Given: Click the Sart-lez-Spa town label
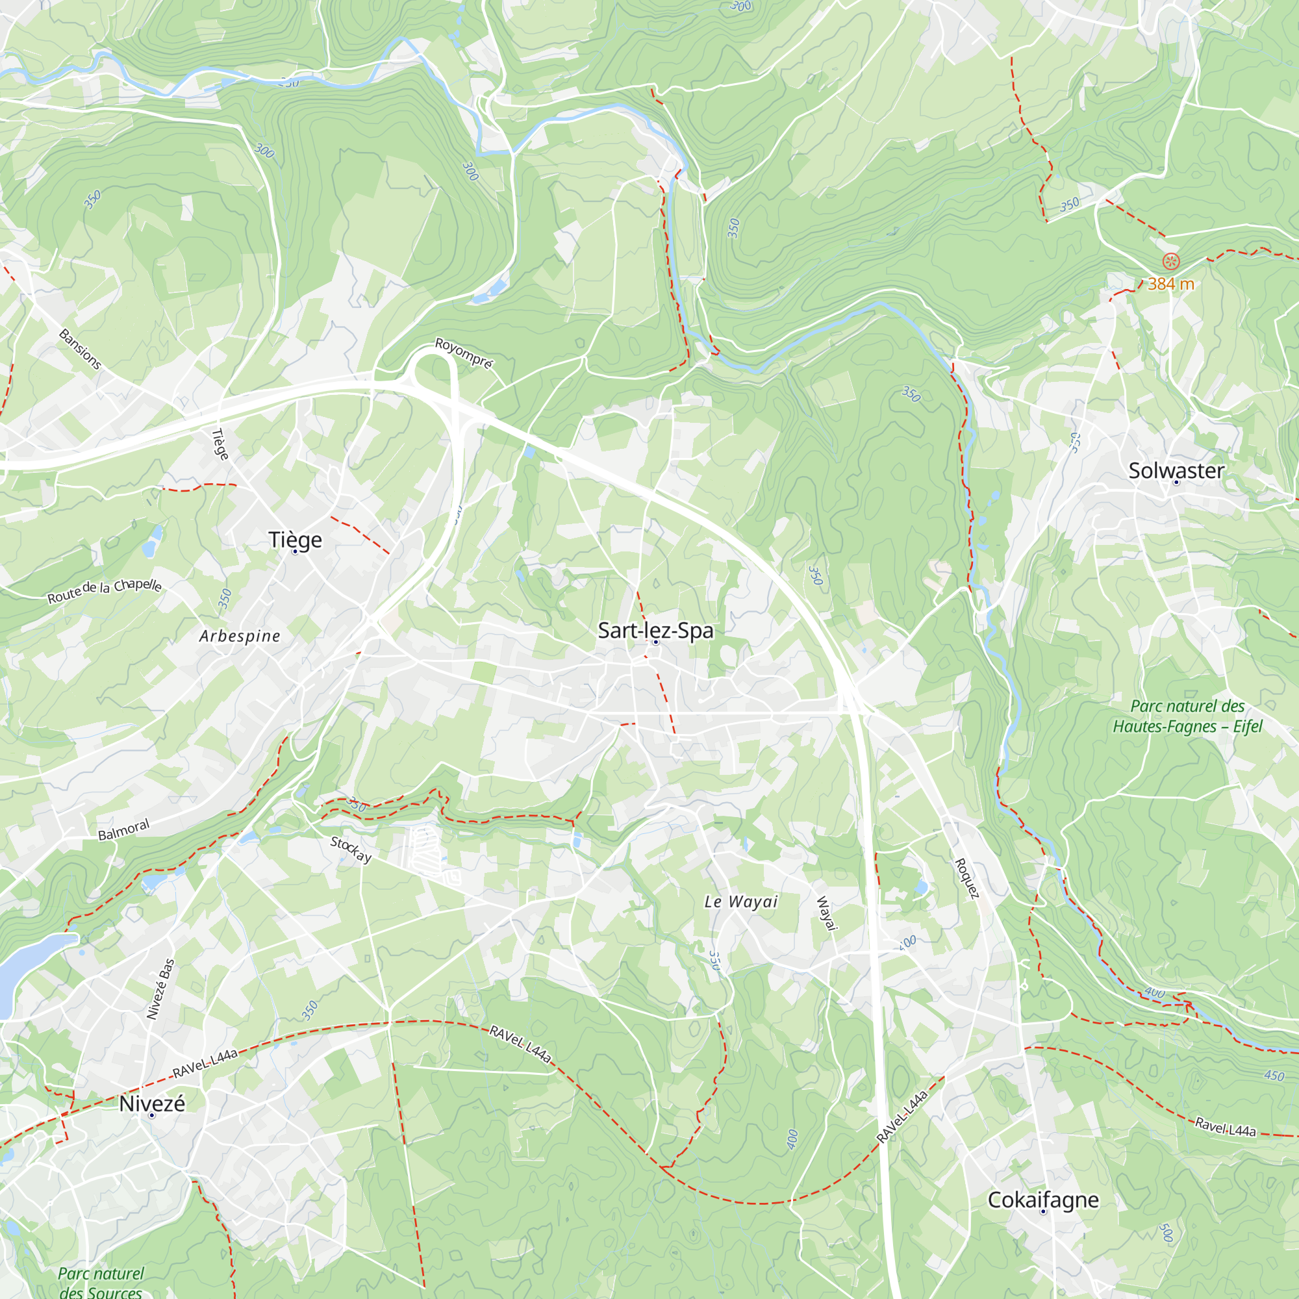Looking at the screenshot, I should (x=655, y=631).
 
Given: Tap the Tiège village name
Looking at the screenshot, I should (x=295, y=540).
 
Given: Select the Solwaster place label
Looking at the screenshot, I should (x=1176, y=471).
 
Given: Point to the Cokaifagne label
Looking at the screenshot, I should (x=1043, y=1200).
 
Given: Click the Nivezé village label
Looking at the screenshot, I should (x=152, y=1104).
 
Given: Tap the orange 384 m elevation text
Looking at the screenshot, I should (x=1170, y=284).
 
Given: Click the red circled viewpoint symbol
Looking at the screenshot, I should (x=1170, y=261).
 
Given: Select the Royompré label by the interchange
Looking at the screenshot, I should (x=464, y=353).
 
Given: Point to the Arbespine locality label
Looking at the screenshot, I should (x=240, y=636).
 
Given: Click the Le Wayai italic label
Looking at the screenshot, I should (x=741, y=902).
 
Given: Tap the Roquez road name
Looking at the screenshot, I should (x=967, y=878).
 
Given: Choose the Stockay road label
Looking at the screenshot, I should (x=351, y=849).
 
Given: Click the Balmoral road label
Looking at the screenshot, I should (x=123, y=829).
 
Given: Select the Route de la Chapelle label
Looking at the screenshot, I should (x=104, y=590).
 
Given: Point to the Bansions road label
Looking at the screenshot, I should (x=80, y=349).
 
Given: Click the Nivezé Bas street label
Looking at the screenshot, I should (x=160, y=989).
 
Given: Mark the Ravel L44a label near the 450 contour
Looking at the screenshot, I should (x=1225, y=1127).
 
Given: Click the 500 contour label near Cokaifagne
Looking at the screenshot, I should (x=1165, y=1233).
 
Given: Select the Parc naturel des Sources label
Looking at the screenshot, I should (x=100, y=1282).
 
